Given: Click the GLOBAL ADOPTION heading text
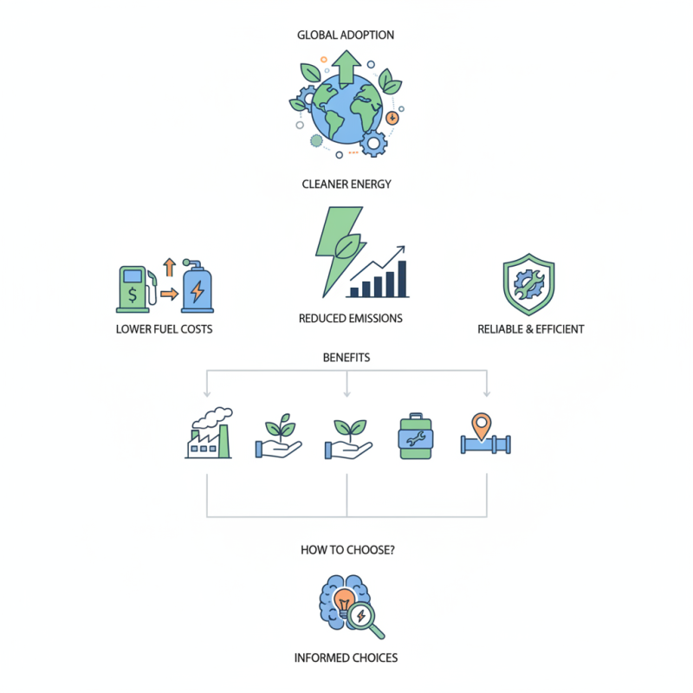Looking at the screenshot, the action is (x=346, y=35).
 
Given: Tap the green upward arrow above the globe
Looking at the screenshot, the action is (x=346, y=68).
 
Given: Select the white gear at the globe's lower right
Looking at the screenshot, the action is (x=373, y=143).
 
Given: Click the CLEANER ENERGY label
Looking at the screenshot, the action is (x=346, y=184).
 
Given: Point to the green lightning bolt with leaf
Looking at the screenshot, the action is (x=340, y=249).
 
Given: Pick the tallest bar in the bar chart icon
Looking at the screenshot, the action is (x=402, y=278).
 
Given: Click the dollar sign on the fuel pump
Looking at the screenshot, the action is (x=133, y=295).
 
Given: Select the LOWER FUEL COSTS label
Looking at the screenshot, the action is (x=164, y=329).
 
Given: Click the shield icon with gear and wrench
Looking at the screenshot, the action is (x=528, y=284).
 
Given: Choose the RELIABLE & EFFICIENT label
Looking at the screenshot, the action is (x=531, y=329).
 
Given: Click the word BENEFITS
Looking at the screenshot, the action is (x=346, y=358).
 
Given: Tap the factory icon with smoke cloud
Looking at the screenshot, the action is (x=209, y=432).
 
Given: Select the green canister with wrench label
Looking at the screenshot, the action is (x=416, y=437).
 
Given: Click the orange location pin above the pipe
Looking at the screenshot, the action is (x=482, y=425).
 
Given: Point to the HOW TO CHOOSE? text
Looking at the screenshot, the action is (x=347, y=550).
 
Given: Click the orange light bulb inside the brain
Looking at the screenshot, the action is (x=344, y=601).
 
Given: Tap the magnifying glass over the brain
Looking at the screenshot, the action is (x=365, y=619).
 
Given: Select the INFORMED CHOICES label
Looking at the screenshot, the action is (x=346, y=658).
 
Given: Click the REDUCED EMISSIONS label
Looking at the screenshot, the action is (x=351, y=319).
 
